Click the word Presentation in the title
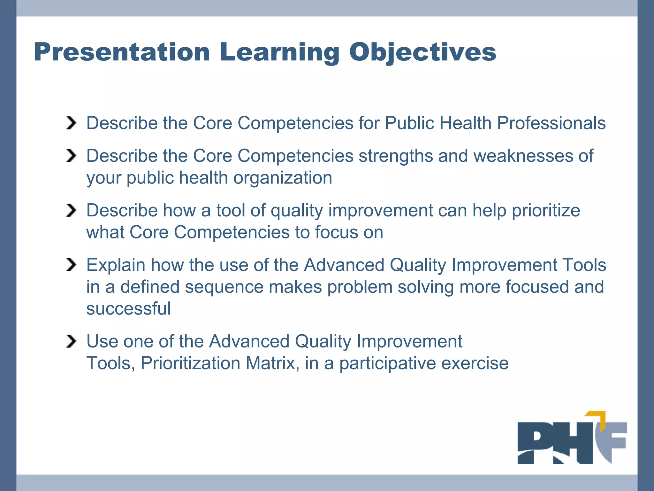click(122, 52)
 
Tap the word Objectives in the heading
click(422, 52)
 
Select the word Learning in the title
click(279, 52)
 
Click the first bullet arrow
click(71, 123)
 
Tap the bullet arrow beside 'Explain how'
click(71, 265)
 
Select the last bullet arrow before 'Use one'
click(71, 341)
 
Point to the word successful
click(128, 309)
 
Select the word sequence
click(224, 287)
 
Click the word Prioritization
click(190, 363)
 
